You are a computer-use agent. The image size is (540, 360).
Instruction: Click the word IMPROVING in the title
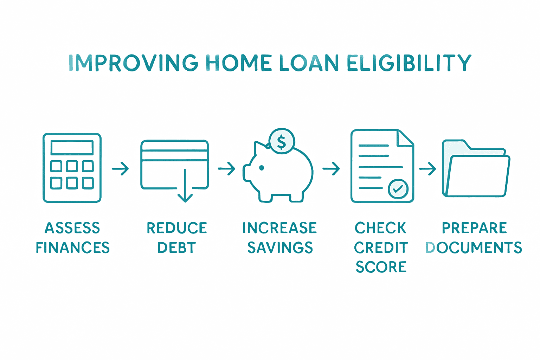pos(133,63)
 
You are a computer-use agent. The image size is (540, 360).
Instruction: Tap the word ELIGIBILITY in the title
pos(409,63)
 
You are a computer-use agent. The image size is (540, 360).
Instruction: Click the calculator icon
pos(72,168)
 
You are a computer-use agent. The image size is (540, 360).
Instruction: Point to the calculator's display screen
pos(72,148)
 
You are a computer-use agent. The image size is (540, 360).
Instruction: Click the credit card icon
pos(175,165)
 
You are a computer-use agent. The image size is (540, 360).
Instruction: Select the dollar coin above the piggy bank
pos(282,141)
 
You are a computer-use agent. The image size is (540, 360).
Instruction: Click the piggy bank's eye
pos(262,168)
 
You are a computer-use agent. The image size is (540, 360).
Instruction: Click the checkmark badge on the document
pos(398,189)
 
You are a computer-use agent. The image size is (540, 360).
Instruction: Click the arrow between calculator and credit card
pos(121,169)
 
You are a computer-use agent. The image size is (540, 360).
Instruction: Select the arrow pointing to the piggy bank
pos(227,169)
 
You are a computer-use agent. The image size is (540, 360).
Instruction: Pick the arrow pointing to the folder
pos(427,169)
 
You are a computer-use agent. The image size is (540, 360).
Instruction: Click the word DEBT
pos(176,248)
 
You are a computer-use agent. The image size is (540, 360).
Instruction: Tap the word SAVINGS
pos(280,248)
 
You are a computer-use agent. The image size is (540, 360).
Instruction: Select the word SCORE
pos(381,267)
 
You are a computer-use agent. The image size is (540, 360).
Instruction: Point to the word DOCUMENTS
pos(474,248)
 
